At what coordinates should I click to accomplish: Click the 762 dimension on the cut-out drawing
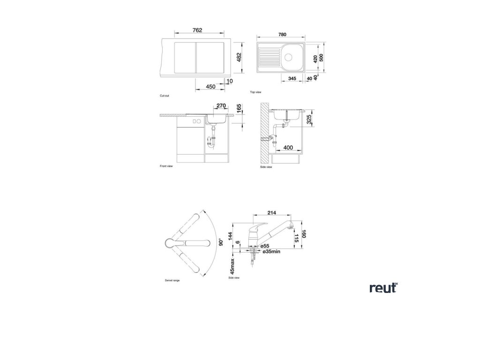coord(197,30)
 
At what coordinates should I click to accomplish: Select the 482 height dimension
coord(239,58)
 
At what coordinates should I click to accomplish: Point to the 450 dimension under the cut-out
coord(210,86)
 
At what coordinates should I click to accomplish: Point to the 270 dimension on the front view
coord(221,105)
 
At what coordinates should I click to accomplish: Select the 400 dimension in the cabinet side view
coord(288,148)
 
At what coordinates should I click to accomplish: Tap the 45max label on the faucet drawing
coord(232,266)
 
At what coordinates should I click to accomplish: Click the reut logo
coord(383,288)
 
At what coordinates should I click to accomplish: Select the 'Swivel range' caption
coord(172,280)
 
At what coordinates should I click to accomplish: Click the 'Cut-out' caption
coord(164,95)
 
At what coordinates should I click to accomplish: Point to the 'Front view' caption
coord(166,166)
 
